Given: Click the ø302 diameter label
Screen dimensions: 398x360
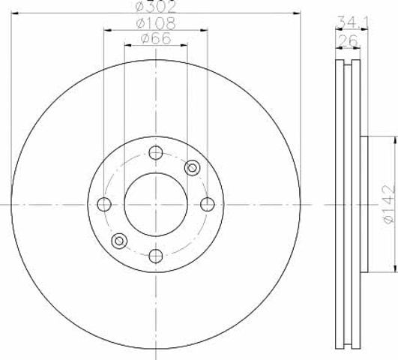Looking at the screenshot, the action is tap(156, 7).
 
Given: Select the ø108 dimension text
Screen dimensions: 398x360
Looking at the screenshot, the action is tap(156, 23).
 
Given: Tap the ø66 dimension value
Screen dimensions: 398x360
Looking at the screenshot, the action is tap(156, 38).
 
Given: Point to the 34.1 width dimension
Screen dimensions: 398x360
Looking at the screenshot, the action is tap(352, 22).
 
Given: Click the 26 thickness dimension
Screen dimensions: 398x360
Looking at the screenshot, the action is tap(348, 40).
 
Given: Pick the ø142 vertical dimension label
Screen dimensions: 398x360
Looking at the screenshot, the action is tap(389, 205).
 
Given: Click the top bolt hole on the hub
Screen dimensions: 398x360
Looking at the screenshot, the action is tap(156, 153).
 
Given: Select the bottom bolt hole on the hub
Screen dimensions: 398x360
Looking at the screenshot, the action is tap(156, 256).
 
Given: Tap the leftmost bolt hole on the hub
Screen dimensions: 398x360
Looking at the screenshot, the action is tap(104, 204).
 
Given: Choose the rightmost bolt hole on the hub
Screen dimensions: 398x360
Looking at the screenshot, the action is tap(208, 204).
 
